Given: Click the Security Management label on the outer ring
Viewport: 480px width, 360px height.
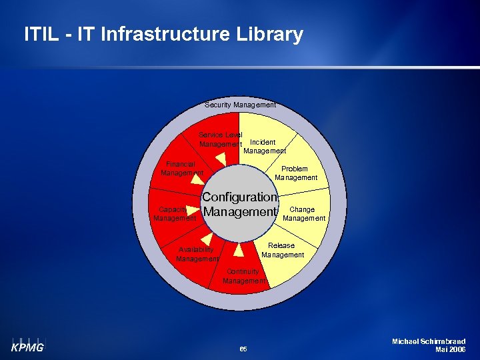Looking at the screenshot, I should pyautogui.click(x=240, y=105).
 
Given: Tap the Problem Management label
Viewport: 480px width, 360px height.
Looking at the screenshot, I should pyautogui.click(x=296, y=173).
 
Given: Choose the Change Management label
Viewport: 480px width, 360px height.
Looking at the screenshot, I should pyautogui.click(x=304, y=213).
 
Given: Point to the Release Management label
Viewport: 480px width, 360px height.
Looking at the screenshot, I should pyautogui.click(x=283, y=250).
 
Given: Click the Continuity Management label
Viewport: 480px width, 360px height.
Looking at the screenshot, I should pyautogui.click(x=244, y=277).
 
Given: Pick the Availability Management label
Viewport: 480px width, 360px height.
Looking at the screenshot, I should pyautogui.click(x=197, y=254).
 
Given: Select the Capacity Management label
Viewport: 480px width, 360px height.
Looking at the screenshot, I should pyautogui.click(x=174, y=213).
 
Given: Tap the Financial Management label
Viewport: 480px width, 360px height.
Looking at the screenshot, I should pyautogui.click(x=181, y=168).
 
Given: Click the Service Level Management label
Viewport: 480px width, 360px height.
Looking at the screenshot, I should pyautogui.click(x=221, y=139).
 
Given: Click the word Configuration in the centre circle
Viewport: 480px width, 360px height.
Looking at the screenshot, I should pyautogui.click(x=239, y=197).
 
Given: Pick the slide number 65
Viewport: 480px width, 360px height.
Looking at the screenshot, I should pyautogui.click(x=243, y=349).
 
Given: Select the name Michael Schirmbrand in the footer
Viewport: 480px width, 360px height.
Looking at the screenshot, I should pyautogui.click(x=429, y=341).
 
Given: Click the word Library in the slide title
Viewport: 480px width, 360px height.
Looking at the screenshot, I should pyautogui.click(x=267, y=34).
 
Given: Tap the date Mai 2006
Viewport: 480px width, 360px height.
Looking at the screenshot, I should pyautogui.click(x=450, y=349).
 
